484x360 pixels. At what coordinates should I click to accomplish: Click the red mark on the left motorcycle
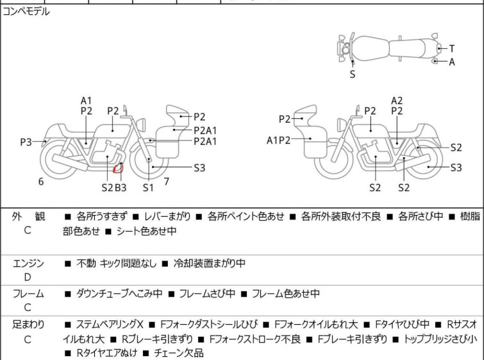[117, 168]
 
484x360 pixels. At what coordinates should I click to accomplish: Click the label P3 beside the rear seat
[26, 142]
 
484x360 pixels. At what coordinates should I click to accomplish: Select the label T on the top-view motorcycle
[452, 48]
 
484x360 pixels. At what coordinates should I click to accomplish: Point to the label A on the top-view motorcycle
[452, 62]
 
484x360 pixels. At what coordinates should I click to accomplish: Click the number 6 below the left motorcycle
[41, 182]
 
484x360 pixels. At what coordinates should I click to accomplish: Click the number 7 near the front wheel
[166, 181]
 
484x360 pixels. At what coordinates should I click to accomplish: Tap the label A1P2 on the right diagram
[279, 139]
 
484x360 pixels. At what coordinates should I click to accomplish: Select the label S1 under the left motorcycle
[148, 187]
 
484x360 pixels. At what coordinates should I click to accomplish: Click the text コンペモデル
[26, 12]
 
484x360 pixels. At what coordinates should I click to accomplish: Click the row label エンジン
[28, 263]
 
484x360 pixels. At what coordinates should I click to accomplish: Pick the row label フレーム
[28, 294]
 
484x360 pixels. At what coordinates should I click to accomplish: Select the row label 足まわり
[28, 325]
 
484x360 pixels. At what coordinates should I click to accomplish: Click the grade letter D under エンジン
[28, 277]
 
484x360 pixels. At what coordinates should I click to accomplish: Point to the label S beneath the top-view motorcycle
[352, 74]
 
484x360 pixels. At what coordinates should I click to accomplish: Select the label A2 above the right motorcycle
[397, 100]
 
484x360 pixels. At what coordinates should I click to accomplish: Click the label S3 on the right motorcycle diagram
[456, 168]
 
